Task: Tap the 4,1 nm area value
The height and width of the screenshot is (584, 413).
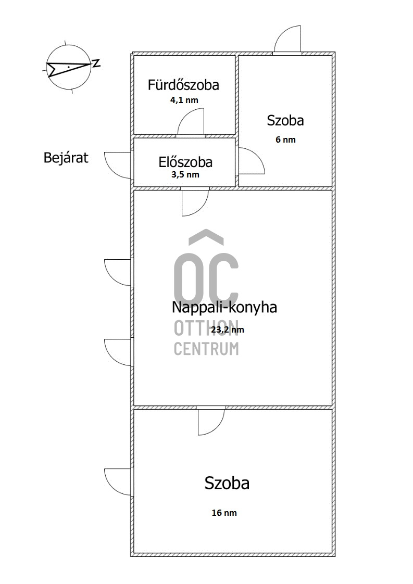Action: point(184,100)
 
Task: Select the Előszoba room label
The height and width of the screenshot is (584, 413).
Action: point(185,162)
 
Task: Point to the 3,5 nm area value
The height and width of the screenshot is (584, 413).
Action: point(185,175)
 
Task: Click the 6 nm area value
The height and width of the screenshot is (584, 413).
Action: point(286,139)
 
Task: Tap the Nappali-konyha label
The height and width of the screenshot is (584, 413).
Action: point(224,307)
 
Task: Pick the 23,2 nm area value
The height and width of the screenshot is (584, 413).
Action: point(227,329)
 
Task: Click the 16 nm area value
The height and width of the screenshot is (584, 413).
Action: point(224,513)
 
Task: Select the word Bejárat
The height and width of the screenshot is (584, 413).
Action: point(66,157)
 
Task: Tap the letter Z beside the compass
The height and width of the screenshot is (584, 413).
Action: point(96,64)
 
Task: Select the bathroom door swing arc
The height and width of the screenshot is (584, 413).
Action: point(191,123)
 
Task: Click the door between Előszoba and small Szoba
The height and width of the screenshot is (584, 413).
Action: point(250,161)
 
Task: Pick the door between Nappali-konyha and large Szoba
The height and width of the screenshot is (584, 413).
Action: point(211,421)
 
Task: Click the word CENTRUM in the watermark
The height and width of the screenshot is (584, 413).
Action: point(206,349)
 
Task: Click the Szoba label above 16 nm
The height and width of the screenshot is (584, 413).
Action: point(227,483)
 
